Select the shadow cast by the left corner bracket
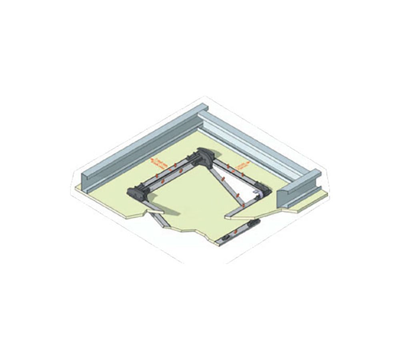tap(158, 210)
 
